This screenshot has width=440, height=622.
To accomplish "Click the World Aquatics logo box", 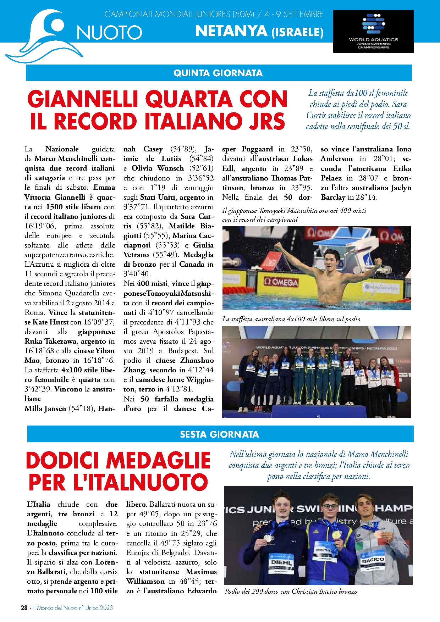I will [x=373, y=32].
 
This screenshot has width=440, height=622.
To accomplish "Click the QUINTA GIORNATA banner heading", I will [x=218, y=73].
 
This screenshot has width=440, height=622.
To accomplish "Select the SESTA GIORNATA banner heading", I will [x=220, y=434].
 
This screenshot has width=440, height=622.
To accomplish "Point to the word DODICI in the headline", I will [x=64, y=461].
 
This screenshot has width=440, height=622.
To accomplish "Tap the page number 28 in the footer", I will [x=24, y=607].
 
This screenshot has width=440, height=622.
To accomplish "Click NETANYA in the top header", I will [x=231, y=32].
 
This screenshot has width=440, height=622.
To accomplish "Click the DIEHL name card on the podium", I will [x=281, y=562].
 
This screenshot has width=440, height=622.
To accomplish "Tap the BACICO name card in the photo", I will [x=373, y=561].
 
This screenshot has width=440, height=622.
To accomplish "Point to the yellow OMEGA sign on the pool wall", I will [x=281, y=283].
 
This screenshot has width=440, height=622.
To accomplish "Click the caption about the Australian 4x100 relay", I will [x=291, y=319].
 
